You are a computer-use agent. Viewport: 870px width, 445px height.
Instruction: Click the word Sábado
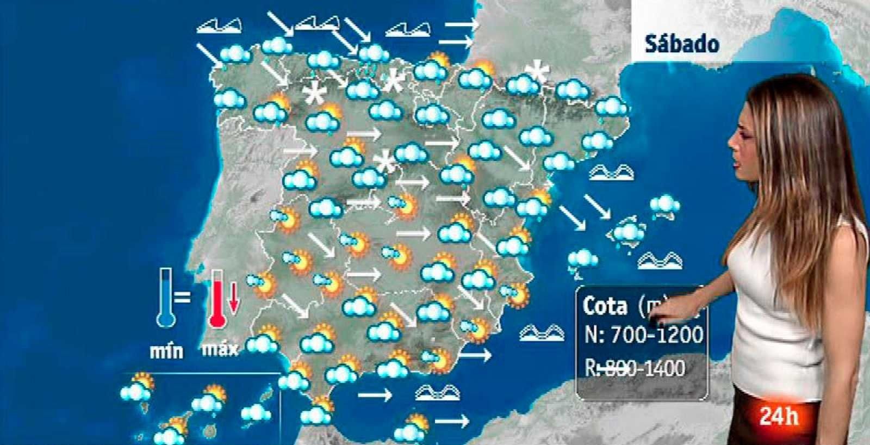tap(682, 44)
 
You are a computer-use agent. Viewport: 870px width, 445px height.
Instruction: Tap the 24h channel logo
tap(779, 417)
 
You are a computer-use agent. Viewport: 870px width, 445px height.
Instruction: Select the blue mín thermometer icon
tap(165, 298)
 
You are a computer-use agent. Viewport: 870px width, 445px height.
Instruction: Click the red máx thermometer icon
tap(217, 299)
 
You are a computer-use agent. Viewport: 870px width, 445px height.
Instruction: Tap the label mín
tap(166, 351)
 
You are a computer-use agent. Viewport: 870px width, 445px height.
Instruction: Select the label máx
tap(220, 348)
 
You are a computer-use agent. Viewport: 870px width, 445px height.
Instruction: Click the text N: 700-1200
tap(643, 335)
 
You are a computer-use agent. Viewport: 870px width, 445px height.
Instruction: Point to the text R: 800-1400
tap(635, 368)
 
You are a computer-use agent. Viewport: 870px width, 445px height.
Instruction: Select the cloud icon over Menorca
tap(664, 206)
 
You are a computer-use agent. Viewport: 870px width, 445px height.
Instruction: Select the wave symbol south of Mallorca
tap(659, 261)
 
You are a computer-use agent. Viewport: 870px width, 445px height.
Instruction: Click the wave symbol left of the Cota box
tap(541, 332)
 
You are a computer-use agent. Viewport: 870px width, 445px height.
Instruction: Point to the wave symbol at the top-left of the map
tap(219, 25)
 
